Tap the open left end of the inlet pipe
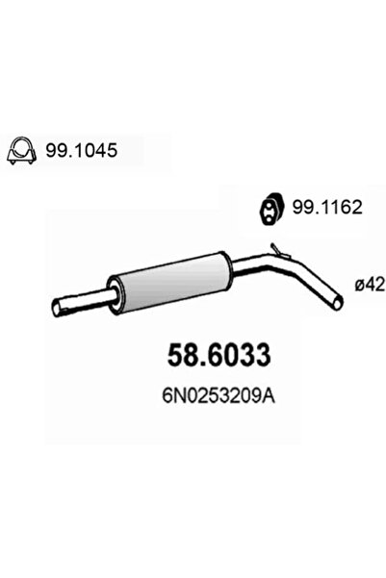[x=55, y=307]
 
